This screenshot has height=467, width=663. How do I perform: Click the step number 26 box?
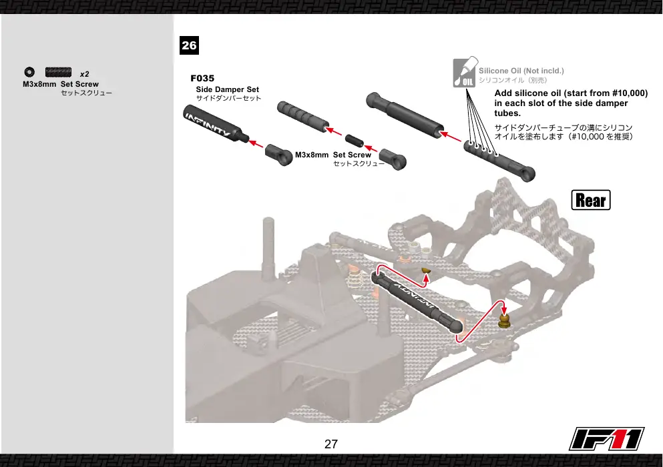(x=189, y=45)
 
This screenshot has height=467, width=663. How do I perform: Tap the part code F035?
(x=202, y=78)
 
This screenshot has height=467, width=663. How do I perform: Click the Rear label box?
(x=591, y=200)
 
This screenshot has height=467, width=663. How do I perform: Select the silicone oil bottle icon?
(x=465, y=72)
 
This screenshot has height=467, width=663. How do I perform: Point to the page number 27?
(x=331, y=444)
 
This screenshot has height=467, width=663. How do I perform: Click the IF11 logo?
(x=606, y=439)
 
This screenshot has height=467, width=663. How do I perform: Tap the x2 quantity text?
(x=85, y=74)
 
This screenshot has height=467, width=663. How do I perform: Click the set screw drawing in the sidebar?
(x=58, y=72)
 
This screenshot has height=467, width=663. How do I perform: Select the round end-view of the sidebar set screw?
(x=29, y=72)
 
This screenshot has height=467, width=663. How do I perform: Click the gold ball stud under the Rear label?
(x=503, y=321)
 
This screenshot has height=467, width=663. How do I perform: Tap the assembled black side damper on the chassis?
(x=417, y=302)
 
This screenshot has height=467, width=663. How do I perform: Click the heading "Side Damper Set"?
(x=228, y=89)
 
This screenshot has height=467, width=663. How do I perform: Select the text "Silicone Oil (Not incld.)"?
(x=521, y=71)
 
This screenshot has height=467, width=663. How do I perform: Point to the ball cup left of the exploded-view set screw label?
(x=279, y=154)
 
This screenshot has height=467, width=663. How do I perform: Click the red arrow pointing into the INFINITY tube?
(x=256, y=143)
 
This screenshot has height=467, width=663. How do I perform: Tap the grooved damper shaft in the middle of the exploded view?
(x=303, y=117)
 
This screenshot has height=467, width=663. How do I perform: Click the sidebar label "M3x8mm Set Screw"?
(x=61, y=84)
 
